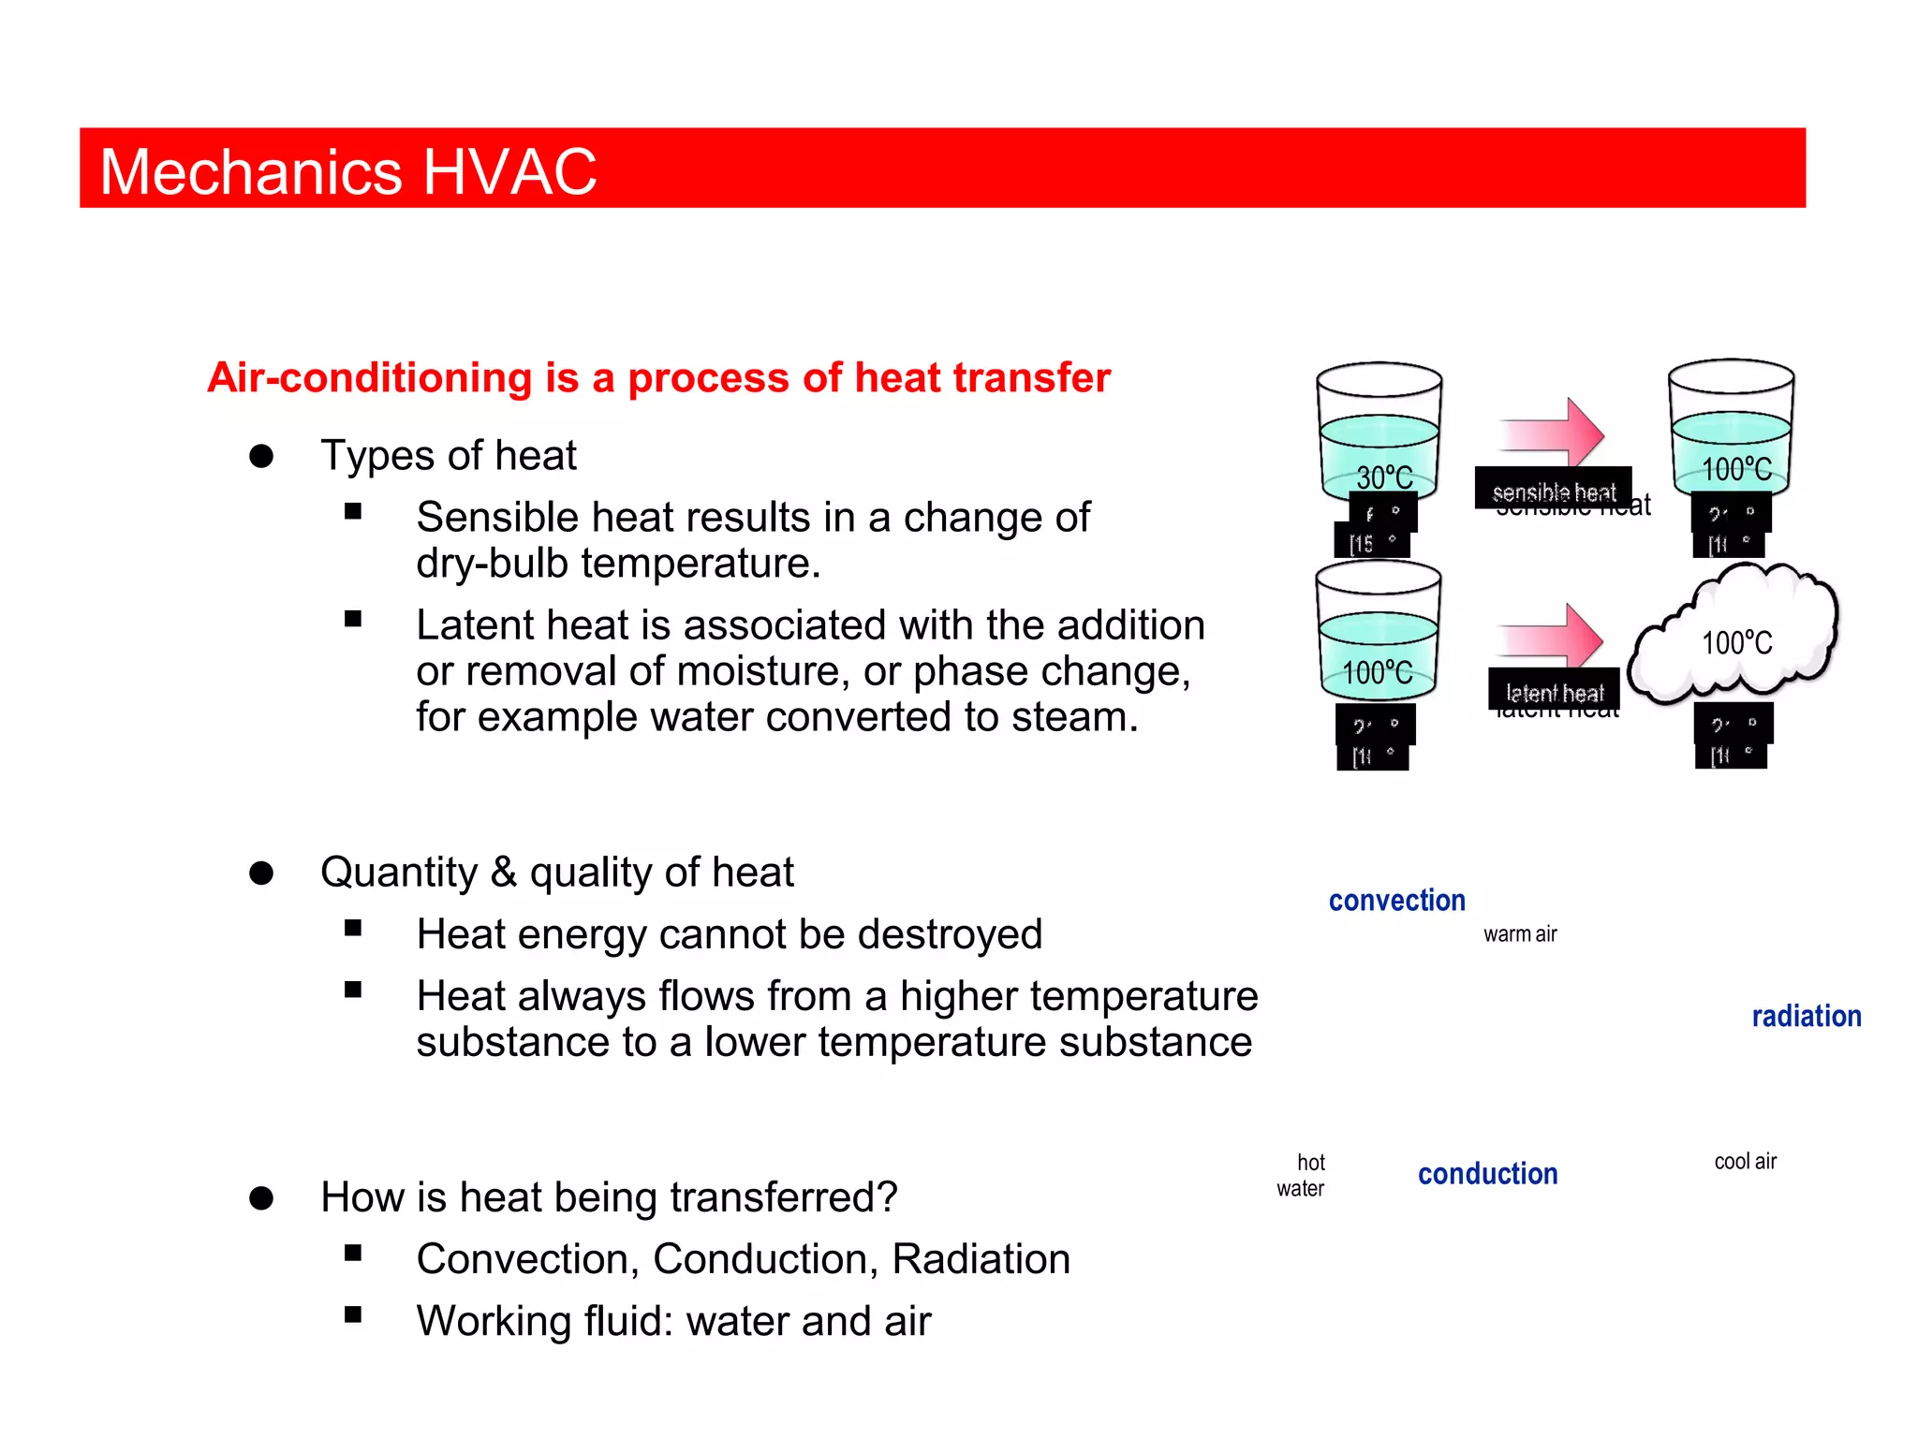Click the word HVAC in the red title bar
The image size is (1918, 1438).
509,172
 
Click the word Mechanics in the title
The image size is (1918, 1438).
251,172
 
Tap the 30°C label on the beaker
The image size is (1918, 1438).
1384,477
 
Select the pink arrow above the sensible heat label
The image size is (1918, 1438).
1553,433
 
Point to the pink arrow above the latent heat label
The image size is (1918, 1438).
1552,638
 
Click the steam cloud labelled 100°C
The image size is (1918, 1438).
1735,637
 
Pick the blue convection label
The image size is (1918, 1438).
1396,901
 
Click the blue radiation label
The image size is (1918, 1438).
1806,1017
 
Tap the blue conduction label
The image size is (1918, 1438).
1487,1174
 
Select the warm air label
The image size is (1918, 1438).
1520,934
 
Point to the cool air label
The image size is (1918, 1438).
1745,1162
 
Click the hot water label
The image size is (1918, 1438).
1302,1176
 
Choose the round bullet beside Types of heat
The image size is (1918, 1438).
261,457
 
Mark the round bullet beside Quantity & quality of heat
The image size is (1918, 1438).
261,873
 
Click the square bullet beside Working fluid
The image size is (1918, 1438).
353,1314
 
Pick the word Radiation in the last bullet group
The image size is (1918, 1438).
981,1259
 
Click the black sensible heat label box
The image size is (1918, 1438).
1553,489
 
